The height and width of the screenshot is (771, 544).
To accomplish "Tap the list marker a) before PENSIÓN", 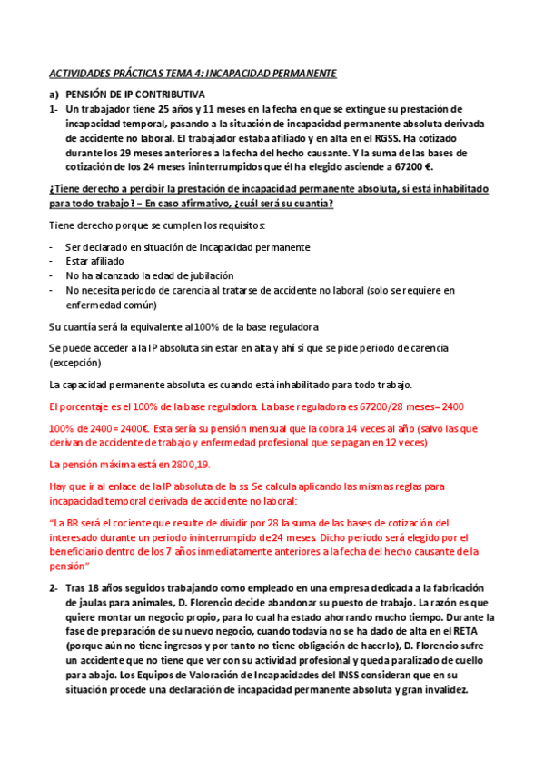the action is pos(53,95).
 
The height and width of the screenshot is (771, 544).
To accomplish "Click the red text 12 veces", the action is pos(398,443).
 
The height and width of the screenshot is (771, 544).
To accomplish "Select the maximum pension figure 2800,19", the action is pos(188,464).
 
